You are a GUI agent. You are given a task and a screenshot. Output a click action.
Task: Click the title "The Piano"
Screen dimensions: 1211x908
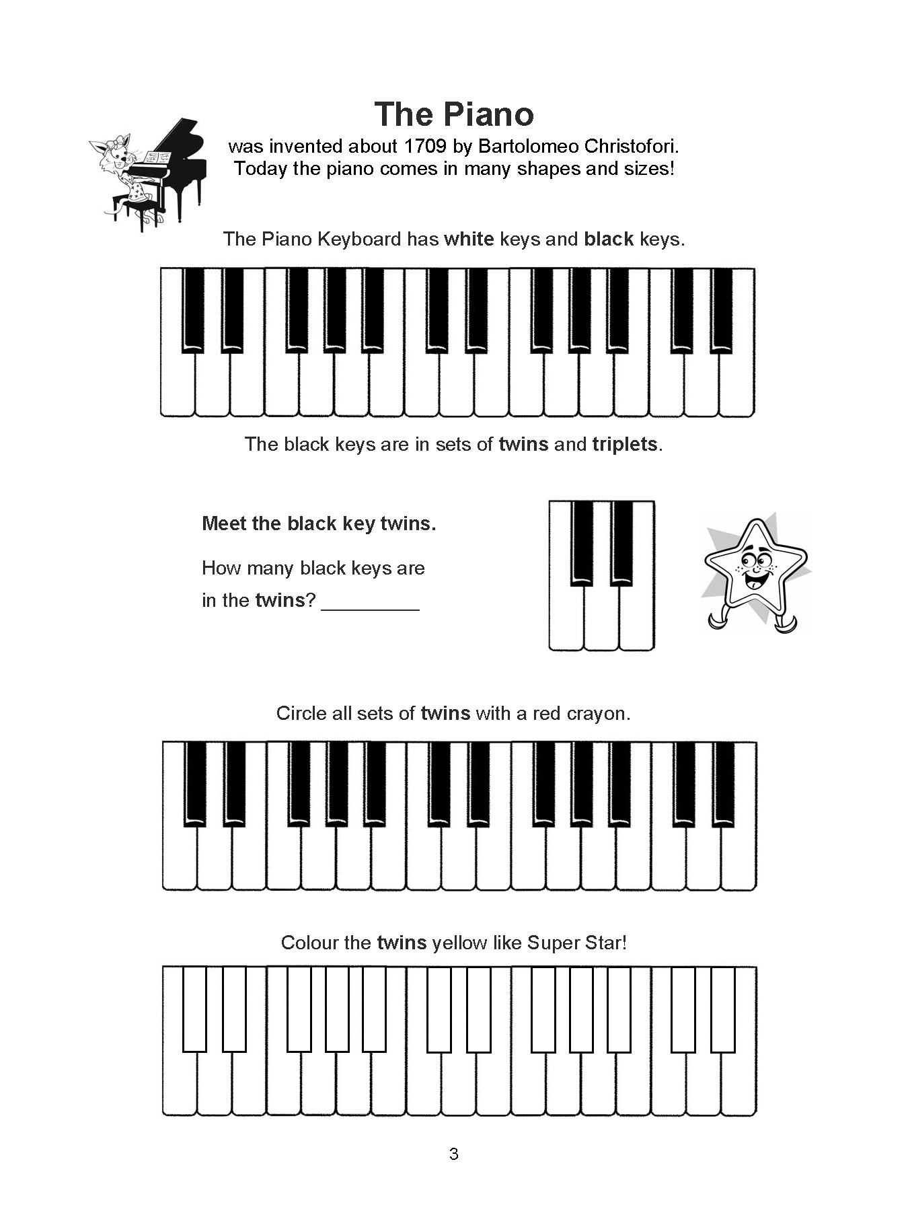[454, 114]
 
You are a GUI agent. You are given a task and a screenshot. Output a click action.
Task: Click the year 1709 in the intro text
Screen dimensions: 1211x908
[426, 146]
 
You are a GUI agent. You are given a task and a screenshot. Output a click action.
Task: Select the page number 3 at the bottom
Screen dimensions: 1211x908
[453, 1154]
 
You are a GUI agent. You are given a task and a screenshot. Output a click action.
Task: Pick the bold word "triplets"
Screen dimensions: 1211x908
[624, 444]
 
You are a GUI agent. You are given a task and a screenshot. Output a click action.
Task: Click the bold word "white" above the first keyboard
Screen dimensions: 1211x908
[469, 239]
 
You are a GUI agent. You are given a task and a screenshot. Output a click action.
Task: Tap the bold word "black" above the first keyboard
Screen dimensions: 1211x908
[609, 239]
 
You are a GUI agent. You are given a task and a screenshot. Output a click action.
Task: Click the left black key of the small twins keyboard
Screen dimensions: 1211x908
[582, 542]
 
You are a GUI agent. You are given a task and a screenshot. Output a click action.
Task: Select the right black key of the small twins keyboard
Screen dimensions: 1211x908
[622, 542]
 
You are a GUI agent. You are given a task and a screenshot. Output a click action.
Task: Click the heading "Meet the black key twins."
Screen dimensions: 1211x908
[319, 523]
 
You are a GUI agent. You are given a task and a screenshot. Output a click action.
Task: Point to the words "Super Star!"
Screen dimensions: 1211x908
[576, 943]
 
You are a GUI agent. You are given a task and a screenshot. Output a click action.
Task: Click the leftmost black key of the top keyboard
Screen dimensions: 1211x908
[193, 309]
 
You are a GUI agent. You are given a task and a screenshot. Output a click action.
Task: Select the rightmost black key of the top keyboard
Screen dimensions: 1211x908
[721, 309]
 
